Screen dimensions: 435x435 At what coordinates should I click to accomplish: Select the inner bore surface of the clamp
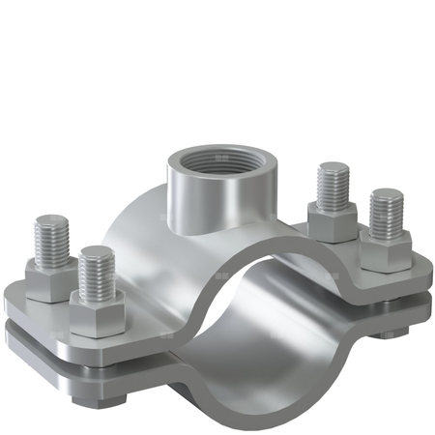click(280, 319)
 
